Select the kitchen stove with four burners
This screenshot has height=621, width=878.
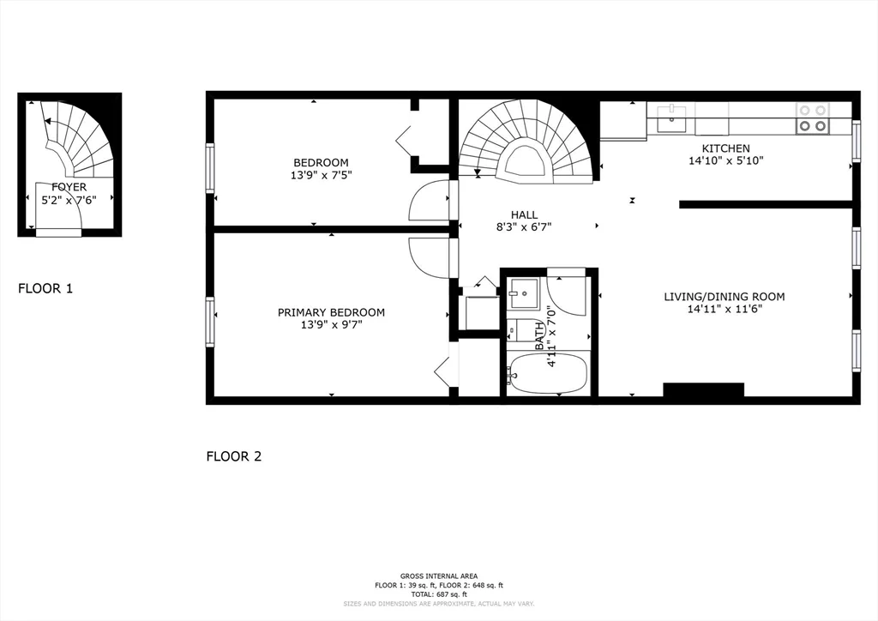(812, 118)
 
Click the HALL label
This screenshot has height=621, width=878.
(523, 214)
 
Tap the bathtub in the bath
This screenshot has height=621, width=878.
(549, 374)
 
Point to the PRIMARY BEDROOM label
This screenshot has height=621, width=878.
(331, 312)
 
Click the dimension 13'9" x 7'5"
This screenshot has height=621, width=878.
(322, 175)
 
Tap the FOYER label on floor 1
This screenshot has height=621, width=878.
(69, 187)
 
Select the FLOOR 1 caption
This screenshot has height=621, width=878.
(45, 288)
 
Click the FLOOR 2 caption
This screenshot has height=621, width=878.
(233, 456)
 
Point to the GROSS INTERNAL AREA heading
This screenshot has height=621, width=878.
(438, 576)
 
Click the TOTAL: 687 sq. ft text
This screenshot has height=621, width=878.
(438, 594)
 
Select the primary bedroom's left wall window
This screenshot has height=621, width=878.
(209, 322)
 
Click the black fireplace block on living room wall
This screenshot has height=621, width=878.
(703, 390)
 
